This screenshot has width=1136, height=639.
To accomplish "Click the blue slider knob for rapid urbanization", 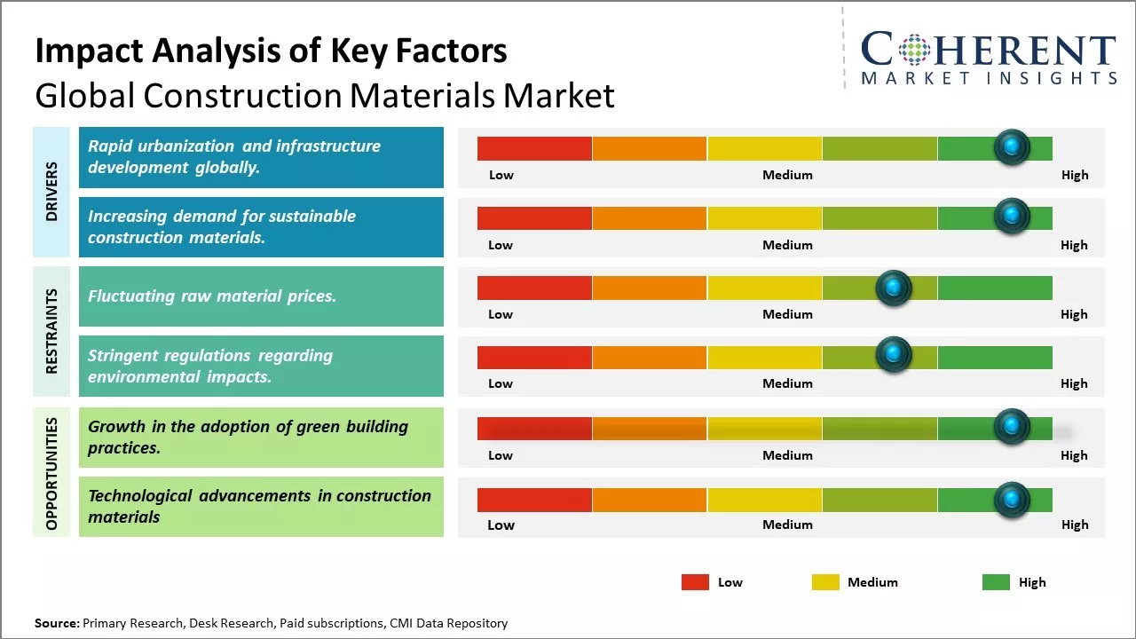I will click(1011, 147).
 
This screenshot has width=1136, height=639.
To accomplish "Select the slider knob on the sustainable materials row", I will click(1011, 217).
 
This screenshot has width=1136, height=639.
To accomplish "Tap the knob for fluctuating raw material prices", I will click(894, 288).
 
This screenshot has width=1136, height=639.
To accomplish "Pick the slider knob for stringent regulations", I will click(894, 355).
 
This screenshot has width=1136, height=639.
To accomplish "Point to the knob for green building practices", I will click(1011, 427).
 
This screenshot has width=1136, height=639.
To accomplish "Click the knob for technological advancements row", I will click(1011, 500).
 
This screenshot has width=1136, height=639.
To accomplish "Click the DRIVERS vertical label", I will click(51, 192).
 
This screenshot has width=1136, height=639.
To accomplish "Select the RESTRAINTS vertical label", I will click(51, 331).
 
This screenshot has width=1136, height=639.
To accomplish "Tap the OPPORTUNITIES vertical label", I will click(51, 473).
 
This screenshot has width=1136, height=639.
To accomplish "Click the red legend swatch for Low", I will click(695, 582).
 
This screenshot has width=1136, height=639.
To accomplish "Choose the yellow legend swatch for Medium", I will click(825, 582).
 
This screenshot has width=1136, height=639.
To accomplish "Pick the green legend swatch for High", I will click(996, 582).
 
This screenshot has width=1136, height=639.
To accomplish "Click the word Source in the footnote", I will click(56, 623).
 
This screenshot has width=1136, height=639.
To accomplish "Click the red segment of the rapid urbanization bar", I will click(534, 148).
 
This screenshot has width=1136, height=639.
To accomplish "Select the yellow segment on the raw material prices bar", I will click(764, 288).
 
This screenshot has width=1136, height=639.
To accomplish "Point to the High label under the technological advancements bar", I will click(1074, 525).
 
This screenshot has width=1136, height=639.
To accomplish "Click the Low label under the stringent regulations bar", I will click(501, 383).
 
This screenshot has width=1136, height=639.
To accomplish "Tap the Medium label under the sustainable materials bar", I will click(787, 245).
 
